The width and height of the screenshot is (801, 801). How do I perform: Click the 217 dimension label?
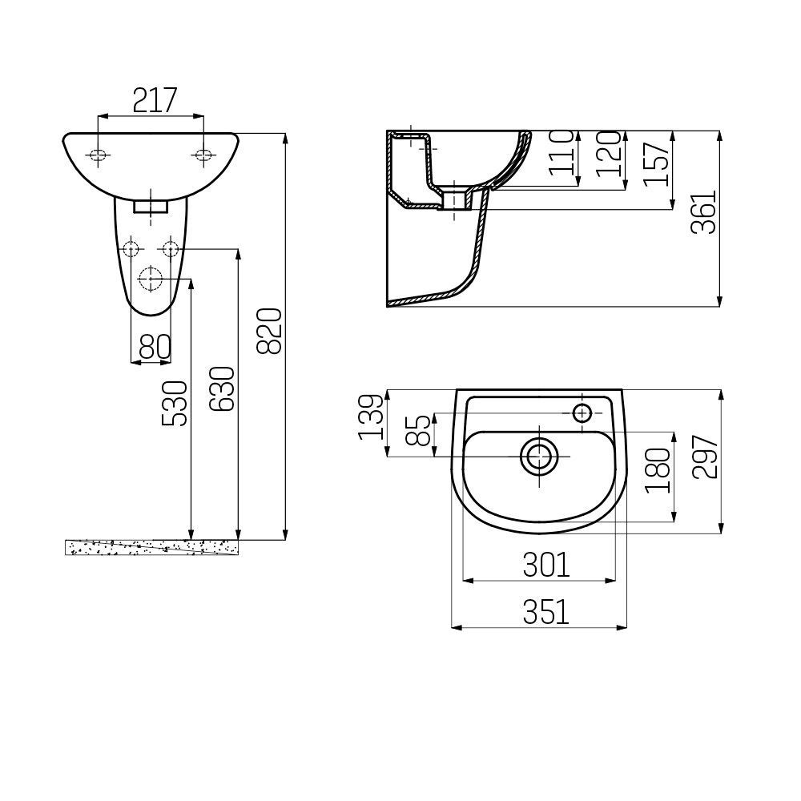click(x=155, y=100)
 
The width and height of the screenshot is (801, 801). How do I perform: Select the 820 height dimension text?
click(x=269, y=331)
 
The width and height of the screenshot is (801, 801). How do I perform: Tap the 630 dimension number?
click(x=223, y=388)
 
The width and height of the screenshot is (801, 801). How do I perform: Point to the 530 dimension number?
click(x=175, y=404)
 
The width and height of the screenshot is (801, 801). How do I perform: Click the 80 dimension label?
click(x=155, y=347)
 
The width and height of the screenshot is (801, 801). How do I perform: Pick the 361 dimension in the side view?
click(x=704, y=212)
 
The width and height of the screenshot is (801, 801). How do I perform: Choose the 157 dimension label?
click(x=656, y=163)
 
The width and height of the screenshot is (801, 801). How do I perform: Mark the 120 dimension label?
click(x=609, y=154)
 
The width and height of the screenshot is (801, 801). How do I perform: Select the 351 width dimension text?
click(x=545, y=612)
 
